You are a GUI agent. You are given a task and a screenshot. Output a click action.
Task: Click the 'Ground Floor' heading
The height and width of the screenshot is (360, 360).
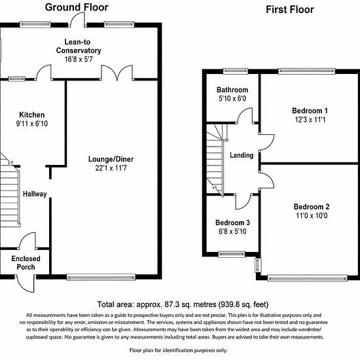pyautogui.click(x=77, y=7)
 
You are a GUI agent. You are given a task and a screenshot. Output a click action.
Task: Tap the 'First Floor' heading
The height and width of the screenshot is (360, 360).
pyautogui.click(x=290, y=10)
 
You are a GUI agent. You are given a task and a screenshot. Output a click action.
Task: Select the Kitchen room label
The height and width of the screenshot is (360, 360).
pyautogui.click(x=32, y=115)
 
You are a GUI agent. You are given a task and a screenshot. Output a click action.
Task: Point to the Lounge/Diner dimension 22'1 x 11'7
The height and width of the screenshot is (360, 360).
pyautogui.click(x=111, y=168)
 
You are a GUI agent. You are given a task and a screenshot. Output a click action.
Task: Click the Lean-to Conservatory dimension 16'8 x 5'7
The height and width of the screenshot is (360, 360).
pyautogui.click(x=79, y=59)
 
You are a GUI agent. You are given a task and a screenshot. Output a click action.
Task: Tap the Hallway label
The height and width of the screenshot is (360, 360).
pyautogui.click(x=35, y=194)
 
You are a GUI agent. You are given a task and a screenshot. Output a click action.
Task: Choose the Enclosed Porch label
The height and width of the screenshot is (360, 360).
pyautogui.click(x=26, y=263)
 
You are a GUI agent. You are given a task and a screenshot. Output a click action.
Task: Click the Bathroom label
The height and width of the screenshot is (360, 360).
pyautogui.click(x=232, y=90)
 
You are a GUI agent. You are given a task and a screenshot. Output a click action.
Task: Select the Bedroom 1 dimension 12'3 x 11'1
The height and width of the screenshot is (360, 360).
pyautogui.click(x=310, y=120)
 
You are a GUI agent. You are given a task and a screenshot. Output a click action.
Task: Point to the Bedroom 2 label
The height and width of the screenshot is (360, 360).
pyautogui.click(x=312, y=207)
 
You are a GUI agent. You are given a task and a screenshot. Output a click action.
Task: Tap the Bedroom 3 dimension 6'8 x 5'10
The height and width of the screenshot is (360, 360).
pyautogui.click(x=232, y=231)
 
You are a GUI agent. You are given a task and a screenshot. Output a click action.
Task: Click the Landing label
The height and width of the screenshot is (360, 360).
pyautogui.click(x=242, y=155)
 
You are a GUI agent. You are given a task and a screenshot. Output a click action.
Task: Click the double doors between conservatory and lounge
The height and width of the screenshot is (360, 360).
pyautogui.click(x=117, y=73)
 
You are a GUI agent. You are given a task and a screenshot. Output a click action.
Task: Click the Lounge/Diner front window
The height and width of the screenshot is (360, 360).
pyautogui.click(x=101, y=277)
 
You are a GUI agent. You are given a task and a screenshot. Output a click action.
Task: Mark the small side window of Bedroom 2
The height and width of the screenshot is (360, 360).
pyautogui.click(x=259, y=265)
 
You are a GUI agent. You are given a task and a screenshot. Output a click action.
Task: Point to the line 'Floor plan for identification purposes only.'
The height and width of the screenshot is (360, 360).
pyautogui.click(x=179, y=350)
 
